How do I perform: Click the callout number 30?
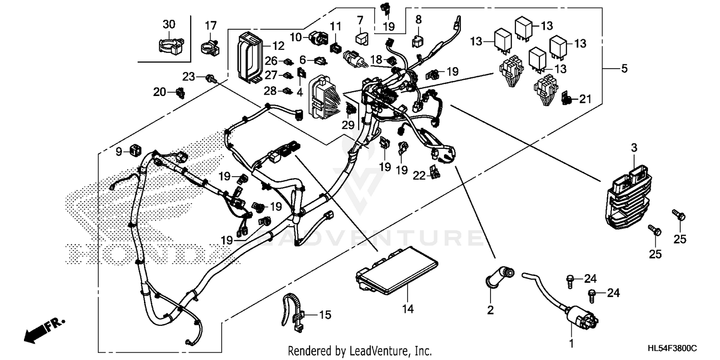pos(169,24)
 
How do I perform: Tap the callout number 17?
pos(211,25)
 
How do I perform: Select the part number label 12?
pos(278,46)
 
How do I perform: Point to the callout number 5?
pos(624,69)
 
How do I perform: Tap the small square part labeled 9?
pos(133,151)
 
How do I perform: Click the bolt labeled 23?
pos(210,78)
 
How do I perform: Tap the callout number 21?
pos(584,99)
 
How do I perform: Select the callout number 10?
pos(296,37)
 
